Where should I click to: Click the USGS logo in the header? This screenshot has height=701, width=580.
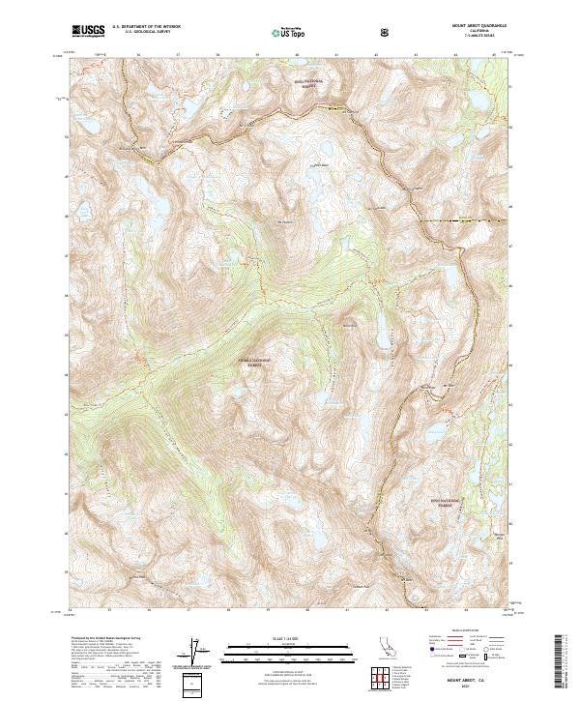88,32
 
